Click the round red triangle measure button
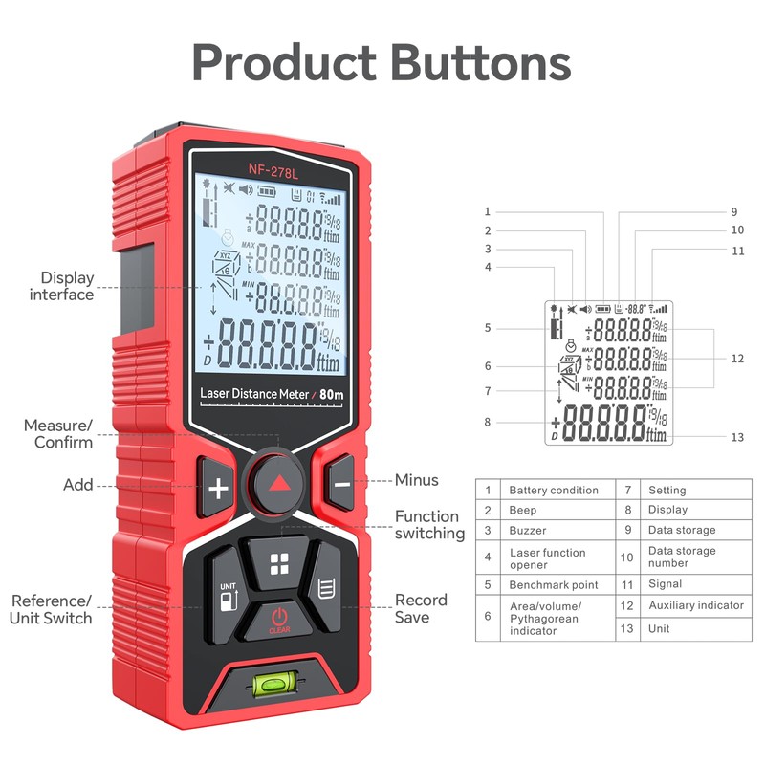click(x=278, y=484)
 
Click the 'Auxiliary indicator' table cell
click(x=695, y=605)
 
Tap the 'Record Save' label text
click(x=421, y=608)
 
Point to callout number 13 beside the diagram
click(x=736, y=437)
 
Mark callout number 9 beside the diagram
click(x=734, y=212)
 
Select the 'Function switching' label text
click(x=429, y=525)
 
